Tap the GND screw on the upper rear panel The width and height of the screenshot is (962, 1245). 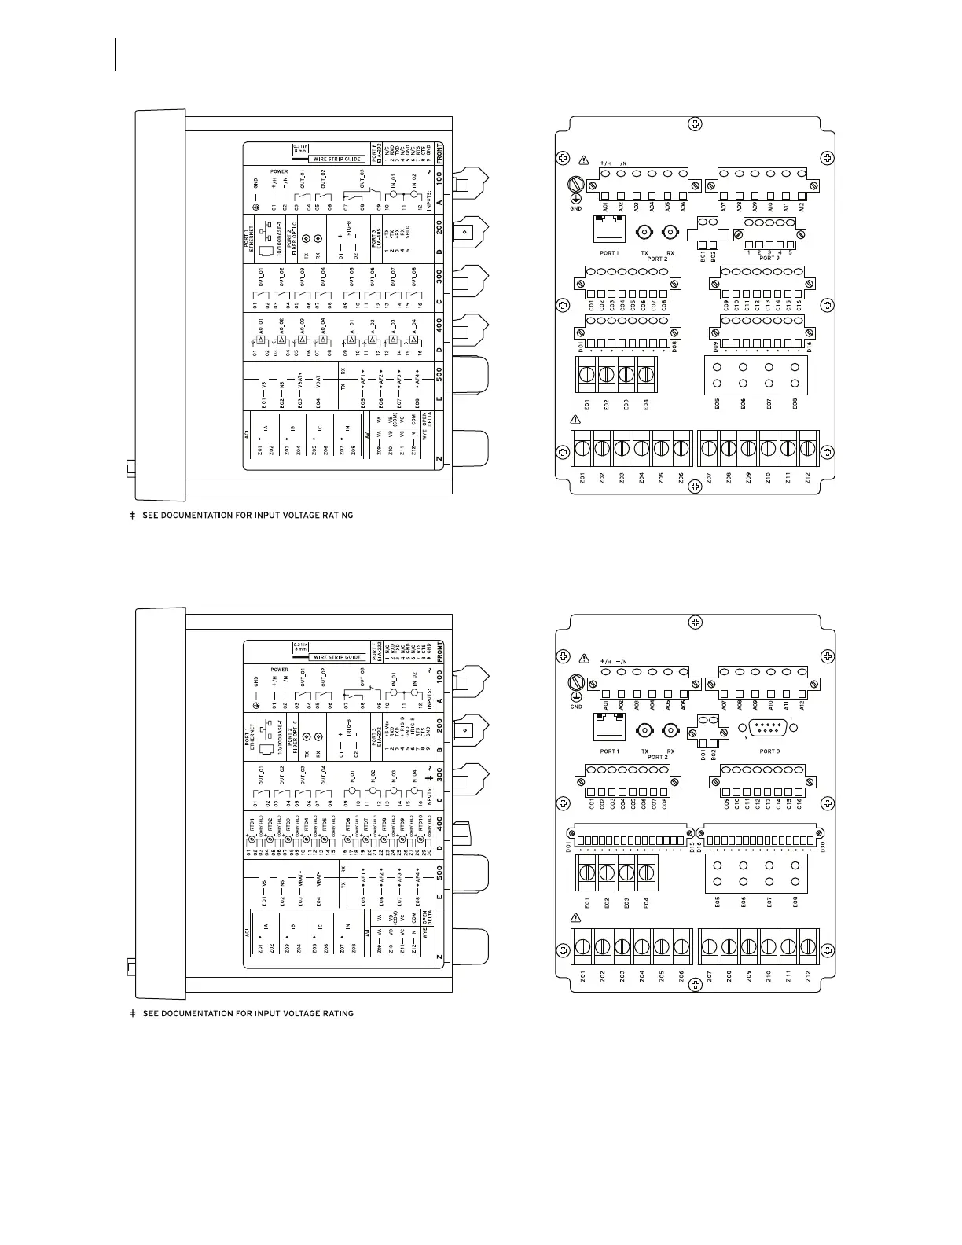(x=575, y=187)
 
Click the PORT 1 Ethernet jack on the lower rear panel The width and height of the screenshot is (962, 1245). (x=608, y=729)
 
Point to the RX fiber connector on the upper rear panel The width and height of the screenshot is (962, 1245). (x=670, y=233)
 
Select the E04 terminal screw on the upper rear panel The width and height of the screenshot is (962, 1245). (x=646, y=376)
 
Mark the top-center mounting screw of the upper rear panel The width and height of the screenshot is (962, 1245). (x=695, y=124)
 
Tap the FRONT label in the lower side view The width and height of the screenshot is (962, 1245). (x=439, y=652)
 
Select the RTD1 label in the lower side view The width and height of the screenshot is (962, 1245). (x=252, y=824)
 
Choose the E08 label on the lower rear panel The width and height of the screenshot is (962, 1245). (x=795, y=904)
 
